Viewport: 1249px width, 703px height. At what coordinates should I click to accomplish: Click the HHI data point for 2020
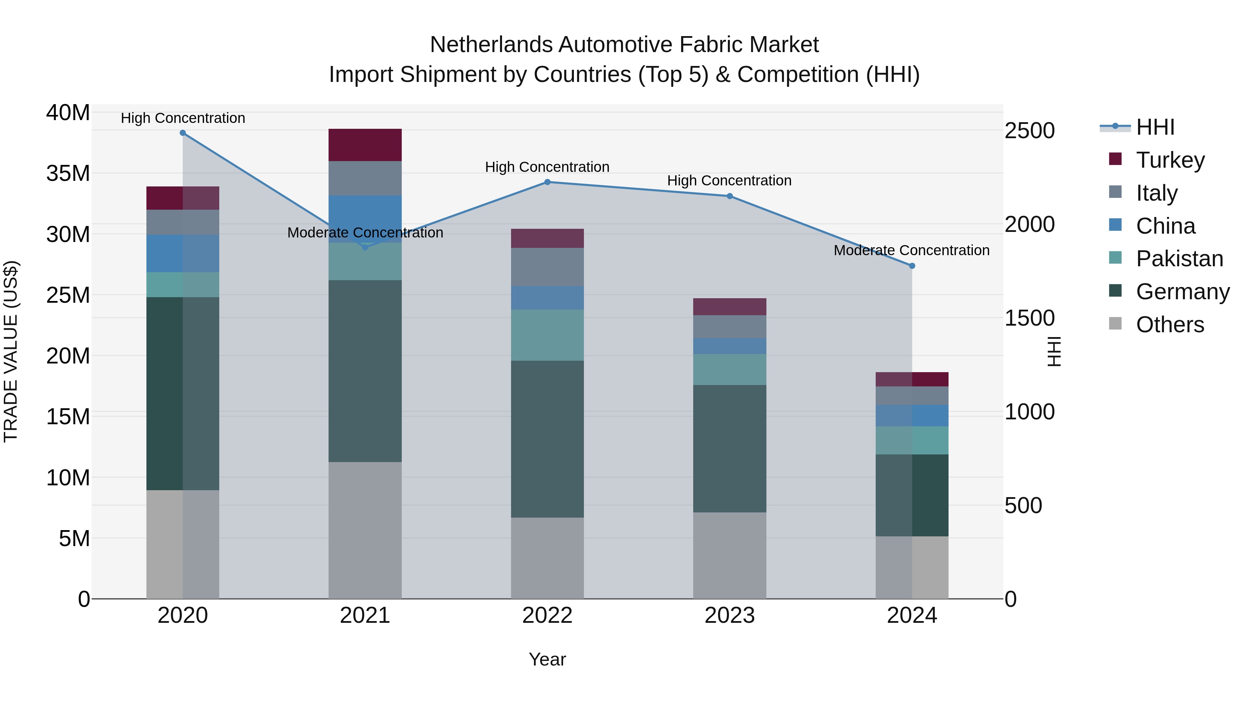pos(183,133)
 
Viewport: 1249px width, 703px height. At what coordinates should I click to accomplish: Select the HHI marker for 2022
pos(547,182)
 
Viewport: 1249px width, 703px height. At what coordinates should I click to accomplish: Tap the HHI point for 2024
pos(912,266)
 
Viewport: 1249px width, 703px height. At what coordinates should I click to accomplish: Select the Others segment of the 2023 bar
pos(730,555)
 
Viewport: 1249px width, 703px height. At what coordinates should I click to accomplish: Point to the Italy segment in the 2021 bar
pos(365,178)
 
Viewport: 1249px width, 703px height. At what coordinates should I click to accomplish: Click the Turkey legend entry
pos(1170,160)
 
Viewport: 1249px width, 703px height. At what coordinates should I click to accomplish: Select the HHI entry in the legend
pos(1155,127)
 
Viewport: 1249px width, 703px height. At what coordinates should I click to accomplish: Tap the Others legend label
pos(1170,325)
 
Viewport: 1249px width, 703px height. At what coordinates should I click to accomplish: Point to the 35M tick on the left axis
pos(68,173)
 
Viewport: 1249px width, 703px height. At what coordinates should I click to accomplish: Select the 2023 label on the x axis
pos(730,616)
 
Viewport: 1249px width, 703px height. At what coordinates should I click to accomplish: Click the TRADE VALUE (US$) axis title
pos(11,351)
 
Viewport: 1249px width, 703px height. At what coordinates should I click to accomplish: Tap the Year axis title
pos(547,659)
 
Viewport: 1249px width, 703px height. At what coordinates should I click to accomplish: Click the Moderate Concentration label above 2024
pos(911,250)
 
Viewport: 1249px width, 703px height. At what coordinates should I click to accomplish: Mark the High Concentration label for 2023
pos(729,181)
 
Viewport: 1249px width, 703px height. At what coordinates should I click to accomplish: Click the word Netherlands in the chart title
pos(491,45)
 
